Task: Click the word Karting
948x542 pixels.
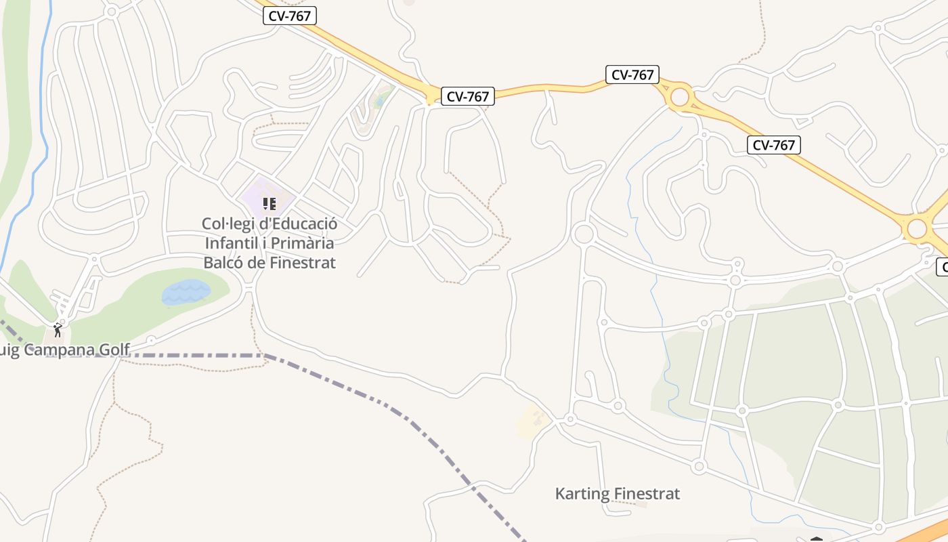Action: (x=582, y=493)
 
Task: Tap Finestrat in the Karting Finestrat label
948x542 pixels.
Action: (x=646, y=493)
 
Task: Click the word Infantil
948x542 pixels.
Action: (x=232, y=243)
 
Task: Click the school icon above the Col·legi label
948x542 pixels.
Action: (x=269, y=203)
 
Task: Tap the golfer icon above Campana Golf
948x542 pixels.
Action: (x=58, y=331)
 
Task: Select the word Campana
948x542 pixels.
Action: (x=66, y=350)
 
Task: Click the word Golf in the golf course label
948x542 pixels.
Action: (x=115, y=350)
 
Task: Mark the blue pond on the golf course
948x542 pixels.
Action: (x=185, y=293)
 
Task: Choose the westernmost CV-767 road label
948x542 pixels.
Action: (x=290, y=16)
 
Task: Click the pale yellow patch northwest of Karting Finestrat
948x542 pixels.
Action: (x=532, y=422)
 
